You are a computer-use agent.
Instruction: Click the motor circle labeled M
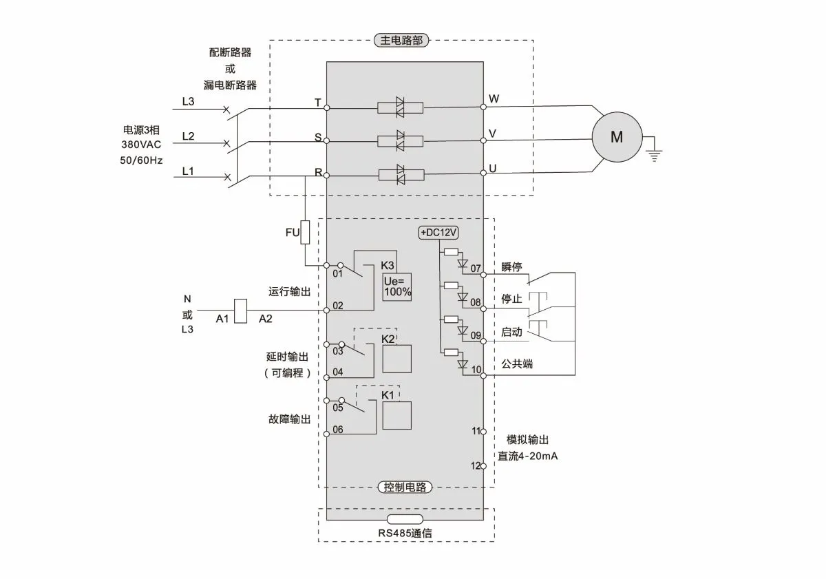point(617,137)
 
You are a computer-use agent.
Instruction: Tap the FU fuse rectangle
point(306,233)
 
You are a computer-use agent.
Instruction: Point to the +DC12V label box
point(438,233)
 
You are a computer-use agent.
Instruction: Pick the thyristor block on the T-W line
point(400,107)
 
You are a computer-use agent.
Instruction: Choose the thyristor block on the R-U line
point(400,175)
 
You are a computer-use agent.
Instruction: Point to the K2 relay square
point(397,359)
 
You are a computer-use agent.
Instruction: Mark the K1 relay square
point(397,415)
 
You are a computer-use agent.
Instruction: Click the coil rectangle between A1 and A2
point(241,310)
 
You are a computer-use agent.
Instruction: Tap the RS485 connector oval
point(405,519)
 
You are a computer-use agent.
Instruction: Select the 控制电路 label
point(405,487)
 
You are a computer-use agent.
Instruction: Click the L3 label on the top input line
point(188,101)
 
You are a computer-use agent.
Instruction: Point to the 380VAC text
point(142,145)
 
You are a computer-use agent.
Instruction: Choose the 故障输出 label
point(289,419)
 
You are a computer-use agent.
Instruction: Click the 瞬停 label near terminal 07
point(511,267)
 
